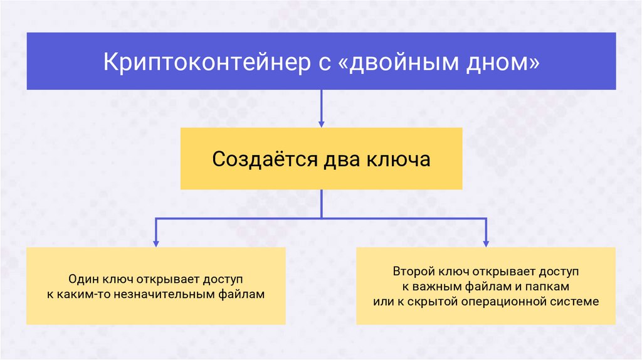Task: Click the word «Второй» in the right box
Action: pos(412,272)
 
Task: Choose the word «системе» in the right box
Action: pos(573,302)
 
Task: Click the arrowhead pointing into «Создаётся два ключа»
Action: pos(322,123)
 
